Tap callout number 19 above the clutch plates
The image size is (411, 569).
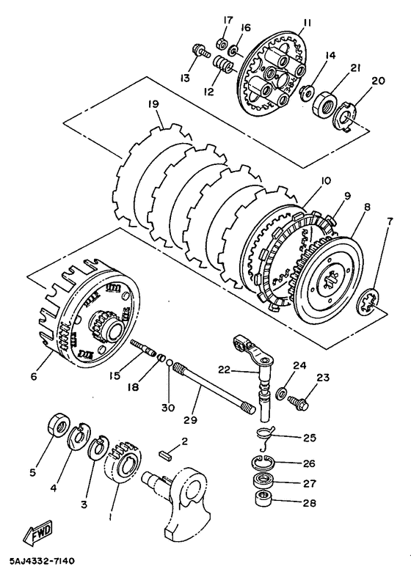point(153,105)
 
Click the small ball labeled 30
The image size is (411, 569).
point(170,362)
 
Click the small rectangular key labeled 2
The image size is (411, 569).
point(167,455)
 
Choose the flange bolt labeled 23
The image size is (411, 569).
point(299,401)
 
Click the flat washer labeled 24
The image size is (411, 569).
point(280,393)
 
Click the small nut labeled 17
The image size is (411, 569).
point(222,43)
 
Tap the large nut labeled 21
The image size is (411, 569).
point(325,104)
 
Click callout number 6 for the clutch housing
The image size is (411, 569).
point(34,377)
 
